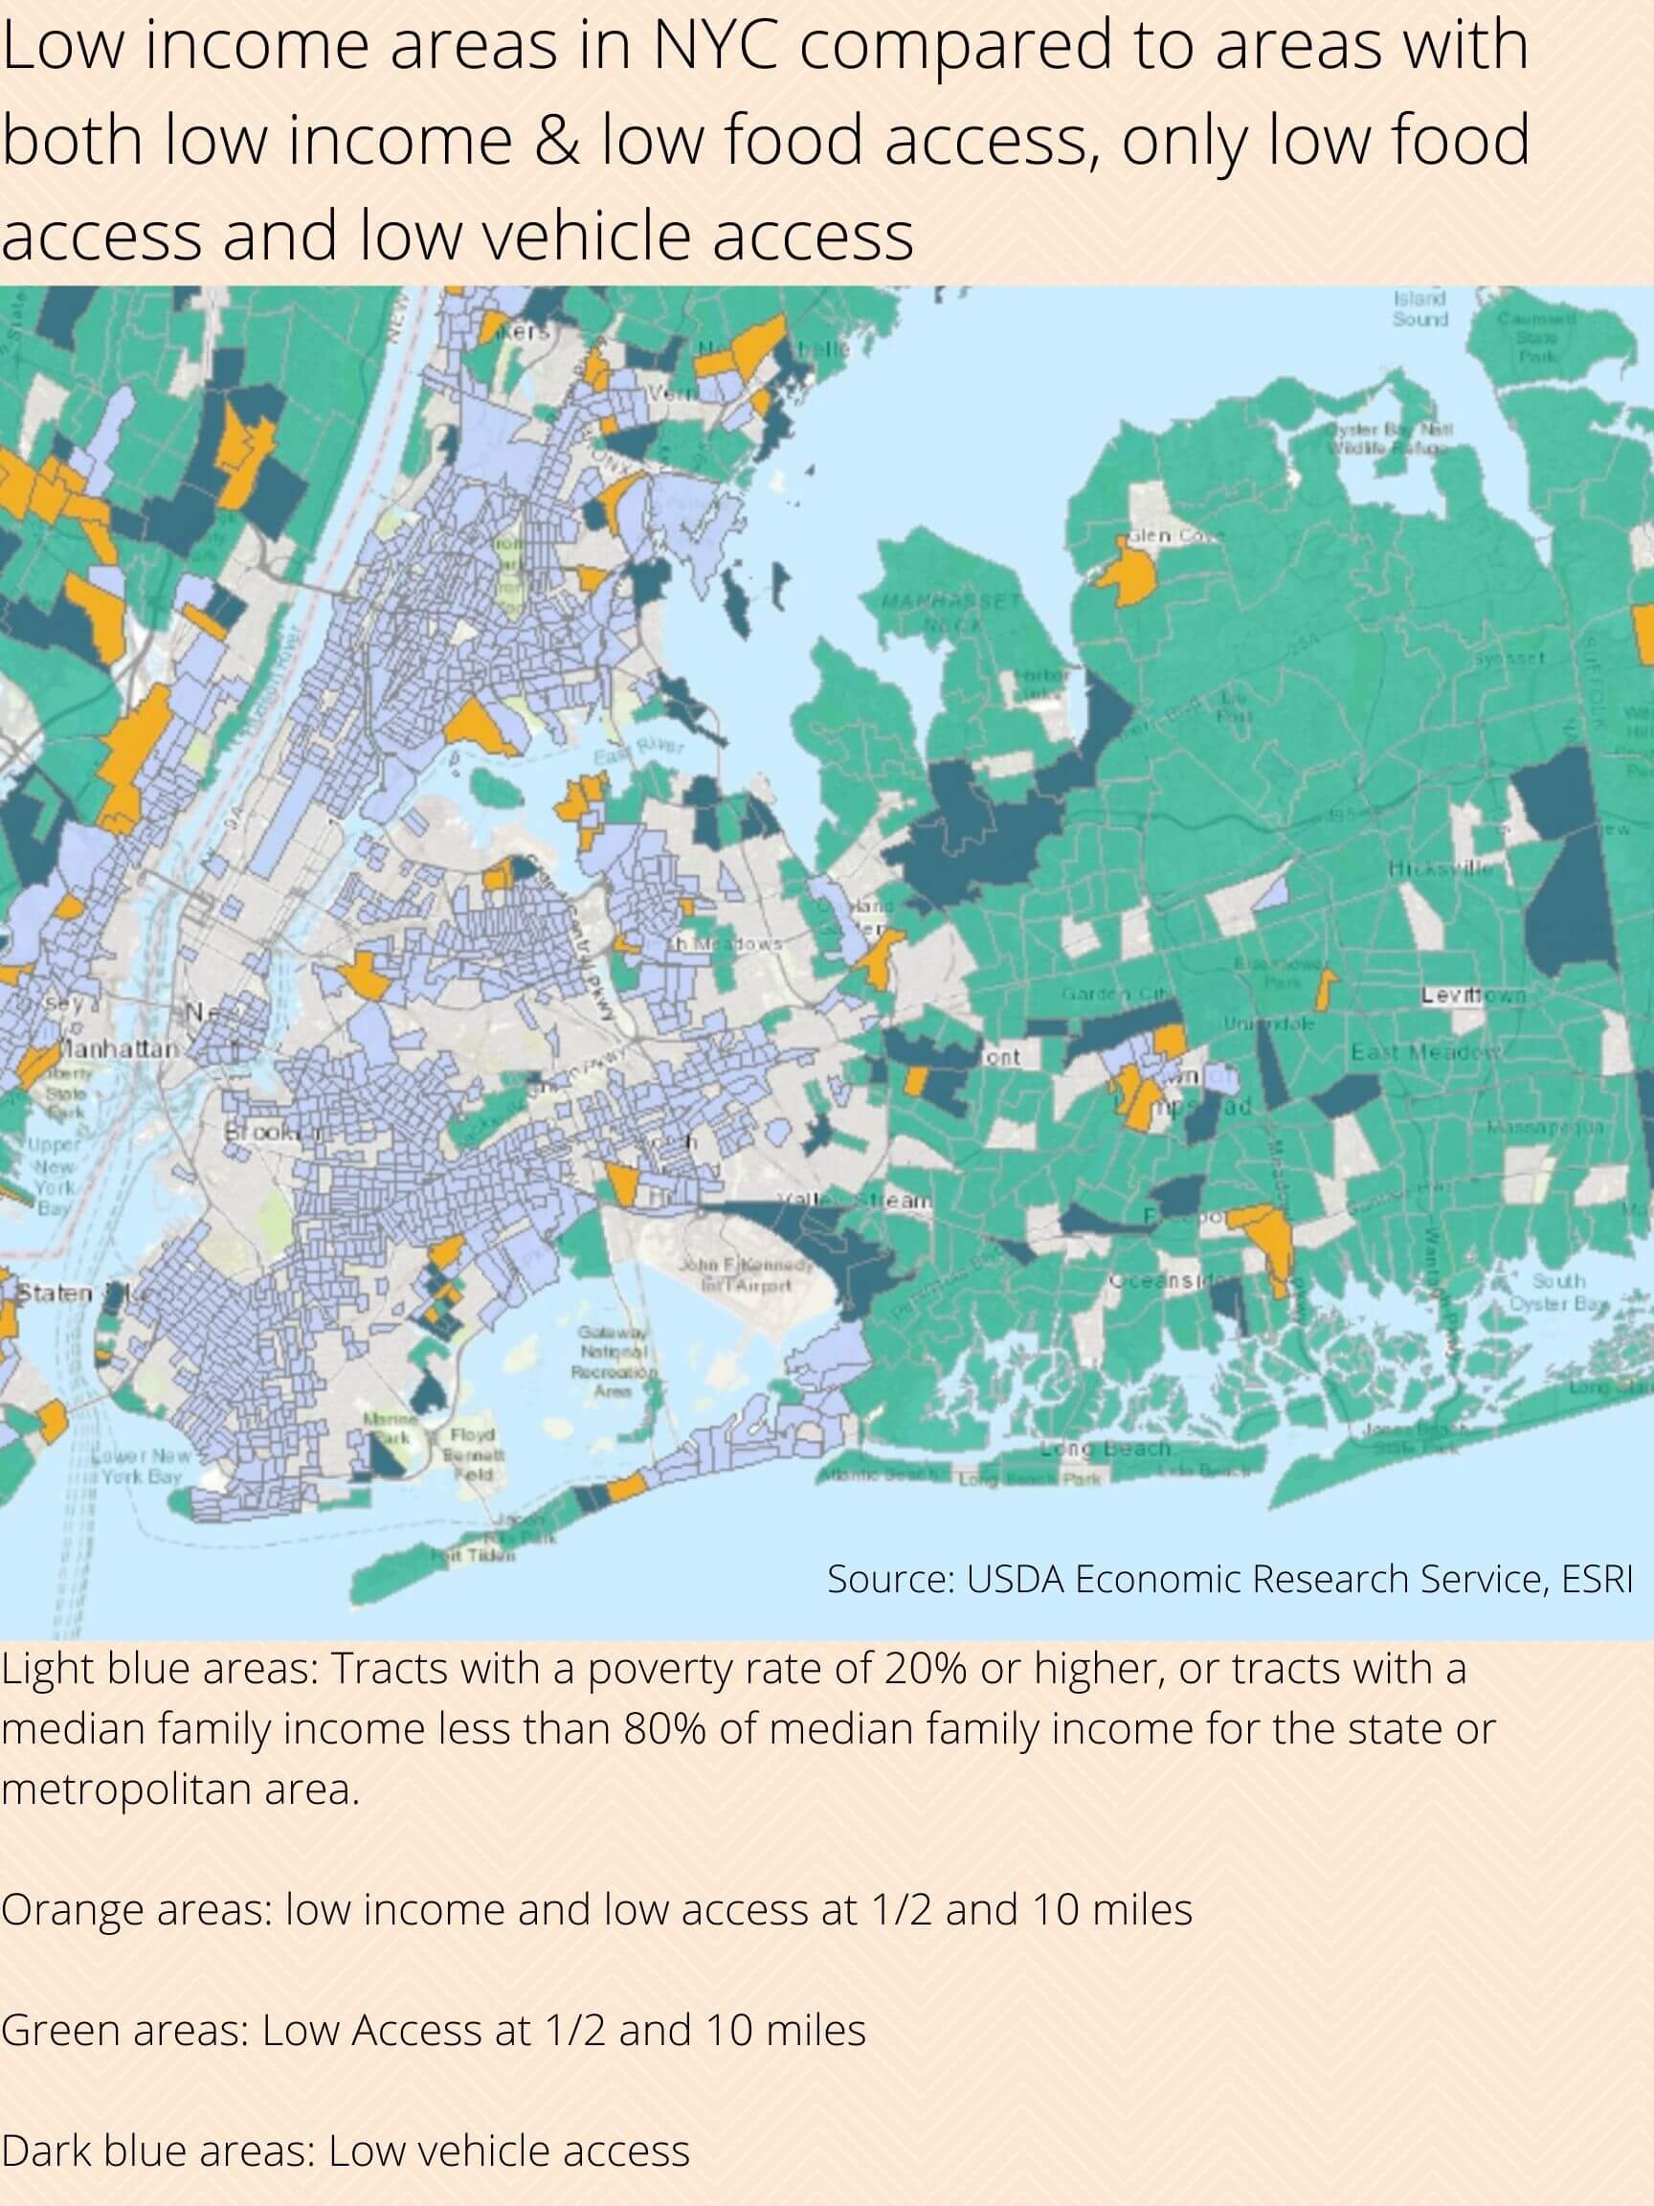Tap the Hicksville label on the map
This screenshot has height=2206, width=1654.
click(1441, 868)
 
